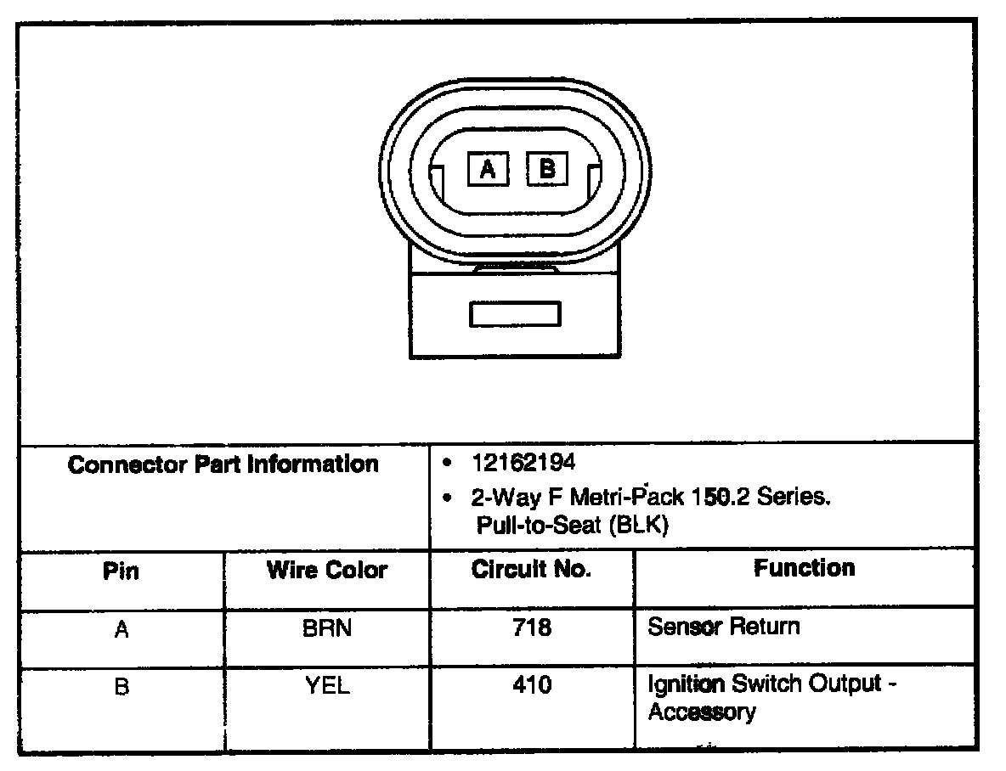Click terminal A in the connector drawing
tap(488, 170)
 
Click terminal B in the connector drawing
tap(547, 169)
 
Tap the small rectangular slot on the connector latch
tap(515, 314)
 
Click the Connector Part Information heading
tap(223, 464)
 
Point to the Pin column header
tap(122, 571)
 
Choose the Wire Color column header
tap(327, 570)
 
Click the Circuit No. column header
tap(531, 570)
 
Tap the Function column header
tap(804, 567)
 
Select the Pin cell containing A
tap(122, 630)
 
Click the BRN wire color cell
tap(327, 629)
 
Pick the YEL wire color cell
tap(327, 686)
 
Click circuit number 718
tap(532, 628)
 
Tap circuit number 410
tap(532, 685)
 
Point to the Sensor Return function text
tap(723, 627)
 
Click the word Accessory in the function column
tap(701, 712)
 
